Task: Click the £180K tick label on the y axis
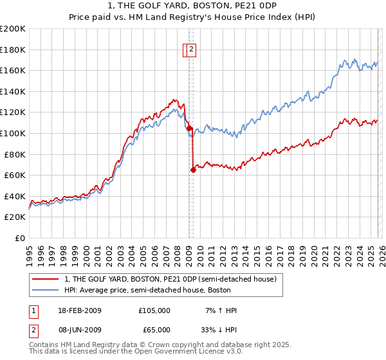click(13, 50)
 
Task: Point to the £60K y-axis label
click(15, 175)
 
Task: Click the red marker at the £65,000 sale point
click(193, 170)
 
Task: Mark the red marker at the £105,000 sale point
click(189, 128)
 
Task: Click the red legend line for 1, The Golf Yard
click(46, 279)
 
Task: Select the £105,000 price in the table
click(154, 310)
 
